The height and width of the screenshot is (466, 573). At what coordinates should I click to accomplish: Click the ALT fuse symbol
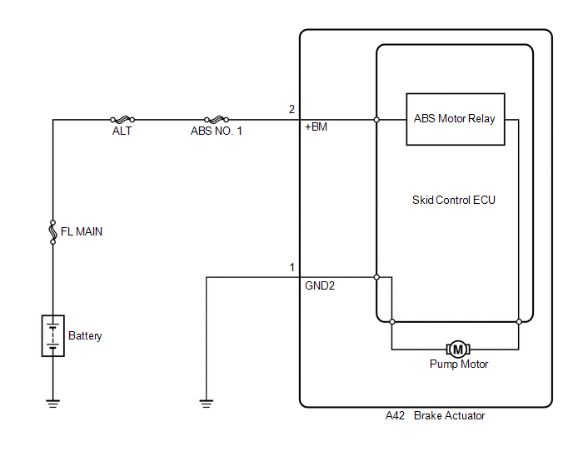coord(122,120)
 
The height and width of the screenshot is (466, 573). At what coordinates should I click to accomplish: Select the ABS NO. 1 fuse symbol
coord(217,120)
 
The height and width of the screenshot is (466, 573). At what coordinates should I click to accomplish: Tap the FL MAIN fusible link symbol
coord(53,232)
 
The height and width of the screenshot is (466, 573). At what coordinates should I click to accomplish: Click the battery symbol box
coord(53,335)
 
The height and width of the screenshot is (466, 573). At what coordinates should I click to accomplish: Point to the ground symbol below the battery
coord(53,404)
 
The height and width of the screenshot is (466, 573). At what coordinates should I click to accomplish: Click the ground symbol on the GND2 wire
coord(207,404)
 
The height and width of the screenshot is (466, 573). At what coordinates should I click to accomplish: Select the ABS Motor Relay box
coord(456,120)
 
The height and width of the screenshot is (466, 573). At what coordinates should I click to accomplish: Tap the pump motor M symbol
coord(458,349)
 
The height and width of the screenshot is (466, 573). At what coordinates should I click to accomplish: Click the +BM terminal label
coord(316,127)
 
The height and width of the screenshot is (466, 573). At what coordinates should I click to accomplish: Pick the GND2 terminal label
coord(320,285)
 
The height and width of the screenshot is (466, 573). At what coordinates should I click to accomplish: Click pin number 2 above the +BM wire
coord(291,109)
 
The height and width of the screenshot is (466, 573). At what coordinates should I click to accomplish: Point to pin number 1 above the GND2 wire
coord(292,268)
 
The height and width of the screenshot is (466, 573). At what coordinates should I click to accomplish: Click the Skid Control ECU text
coord(454,201)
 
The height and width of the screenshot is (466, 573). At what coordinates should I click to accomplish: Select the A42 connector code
coord(395,415)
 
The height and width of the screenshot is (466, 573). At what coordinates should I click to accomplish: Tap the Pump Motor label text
coord(459,364)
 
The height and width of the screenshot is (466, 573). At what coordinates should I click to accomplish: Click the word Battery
coord(85,336)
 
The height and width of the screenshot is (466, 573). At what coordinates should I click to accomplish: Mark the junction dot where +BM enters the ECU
coord(376,120)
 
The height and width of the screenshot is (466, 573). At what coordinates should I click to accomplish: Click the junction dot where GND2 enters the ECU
coord(376,278)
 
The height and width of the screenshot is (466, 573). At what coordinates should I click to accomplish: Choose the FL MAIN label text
coord(82,232)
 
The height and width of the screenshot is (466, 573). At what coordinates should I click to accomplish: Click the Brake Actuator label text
coord(450,415)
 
